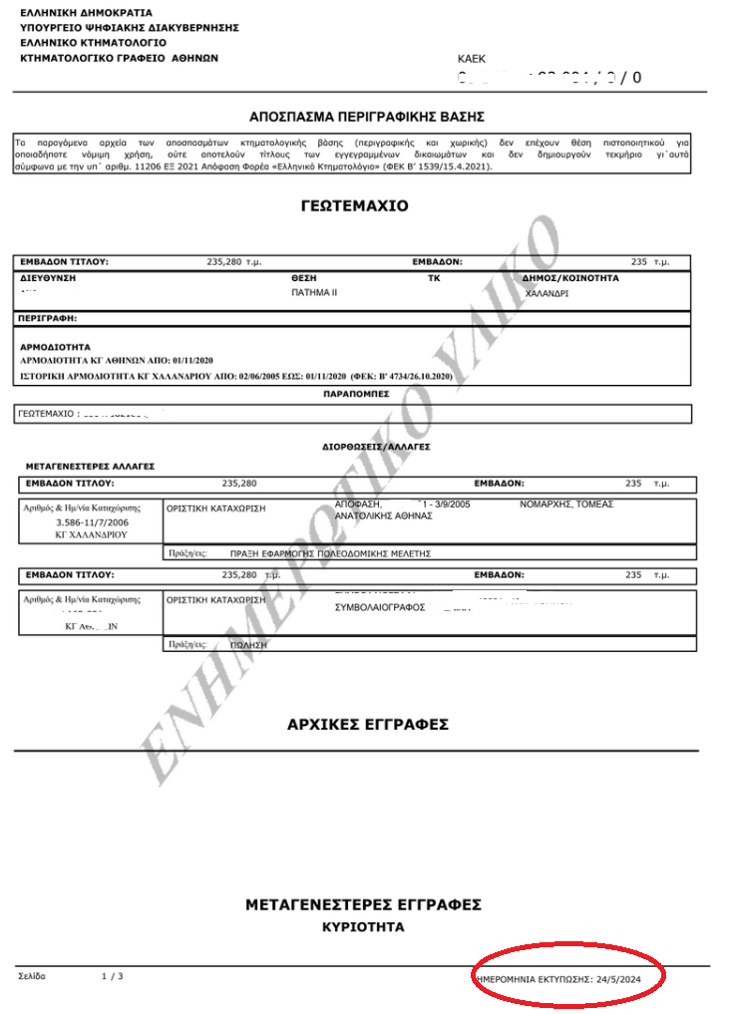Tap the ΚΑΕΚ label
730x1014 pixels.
click(x=472, y=60)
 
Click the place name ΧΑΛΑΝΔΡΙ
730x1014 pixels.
click(x=547, y=294)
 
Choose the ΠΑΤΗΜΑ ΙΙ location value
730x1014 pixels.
click(x=314, y=293)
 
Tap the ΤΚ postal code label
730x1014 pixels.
click(x=434, y=278)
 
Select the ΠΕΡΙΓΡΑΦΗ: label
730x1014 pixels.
click(x=48, y=319)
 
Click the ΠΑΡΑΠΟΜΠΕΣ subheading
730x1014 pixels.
click(x=355, y=394)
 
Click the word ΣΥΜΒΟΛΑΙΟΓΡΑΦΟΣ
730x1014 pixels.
click(x=380, y=606)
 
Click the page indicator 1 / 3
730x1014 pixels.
click(x=113, y=976)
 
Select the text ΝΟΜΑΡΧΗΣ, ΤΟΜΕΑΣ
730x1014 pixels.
click(x=566, y=505)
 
